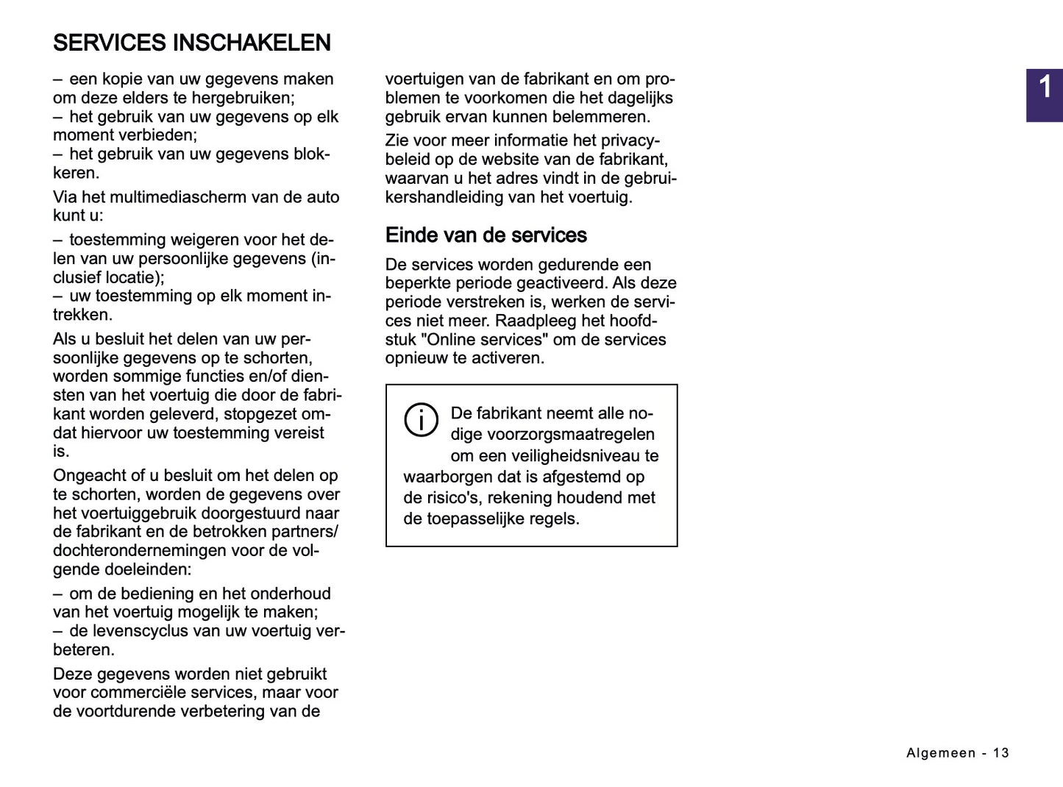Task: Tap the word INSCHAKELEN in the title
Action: point(252,43)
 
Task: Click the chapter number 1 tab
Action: point(1045,88)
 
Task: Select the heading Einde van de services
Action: point(486,235)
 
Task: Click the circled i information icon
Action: point(421,420)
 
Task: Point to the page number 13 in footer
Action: point(1000,753)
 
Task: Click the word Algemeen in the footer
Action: point(941,753)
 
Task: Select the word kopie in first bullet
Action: point(122,79)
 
